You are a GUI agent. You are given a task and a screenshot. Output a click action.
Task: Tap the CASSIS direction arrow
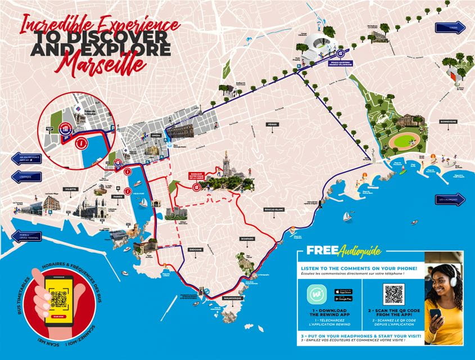(x=450, y=28)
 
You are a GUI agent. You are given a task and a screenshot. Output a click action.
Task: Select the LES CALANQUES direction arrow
(x=450, y=200)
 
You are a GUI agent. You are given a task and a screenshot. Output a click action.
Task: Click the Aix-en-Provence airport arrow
(x=26, y=160)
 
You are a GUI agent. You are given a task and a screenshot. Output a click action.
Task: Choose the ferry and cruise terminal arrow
(x=26, y=236)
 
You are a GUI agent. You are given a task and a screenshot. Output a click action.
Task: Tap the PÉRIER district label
(x=273, y=124)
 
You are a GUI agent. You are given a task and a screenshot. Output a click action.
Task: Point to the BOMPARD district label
(x=247, y=238)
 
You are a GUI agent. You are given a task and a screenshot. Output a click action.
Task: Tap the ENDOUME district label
(x=195, y=250)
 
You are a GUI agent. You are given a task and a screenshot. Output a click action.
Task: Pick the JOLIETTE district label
(x=70, y=190)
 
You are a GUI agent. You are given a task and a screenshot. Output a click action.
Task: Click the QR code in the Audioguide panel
(x=393, y=294)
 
